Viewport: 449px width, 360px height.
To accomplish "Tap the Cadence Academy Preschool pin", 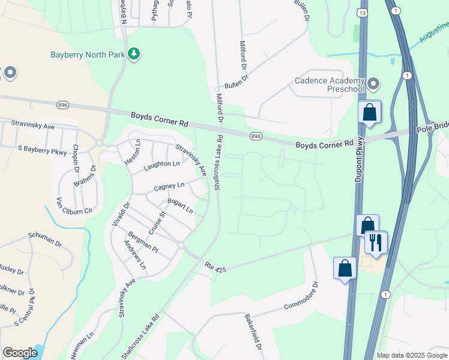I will (373, 83).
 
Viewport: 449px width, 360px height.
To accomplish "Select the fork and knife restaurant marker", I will (376, 242).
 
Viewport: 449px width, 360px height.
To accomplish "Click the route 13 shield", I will (363, 12).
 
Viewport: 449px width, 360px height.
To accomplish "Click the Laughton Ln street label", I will (161, 164).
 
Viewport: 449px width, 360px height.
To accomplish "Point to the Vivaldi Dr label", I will (120, 214).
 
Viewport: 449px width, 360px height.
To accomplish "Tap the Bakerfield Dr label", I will (253, 331).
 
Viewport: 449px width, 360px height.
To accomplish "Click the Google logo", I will (20, 352).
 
